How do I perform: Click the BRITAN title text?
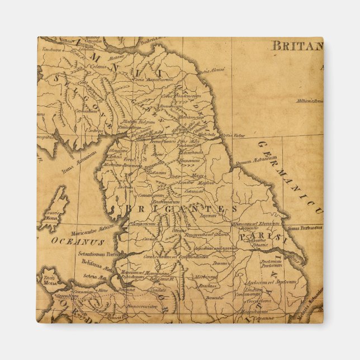point(297,46)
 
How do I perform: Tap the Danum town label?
point(221,263)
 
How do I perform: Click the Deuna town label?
point(126,290)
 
